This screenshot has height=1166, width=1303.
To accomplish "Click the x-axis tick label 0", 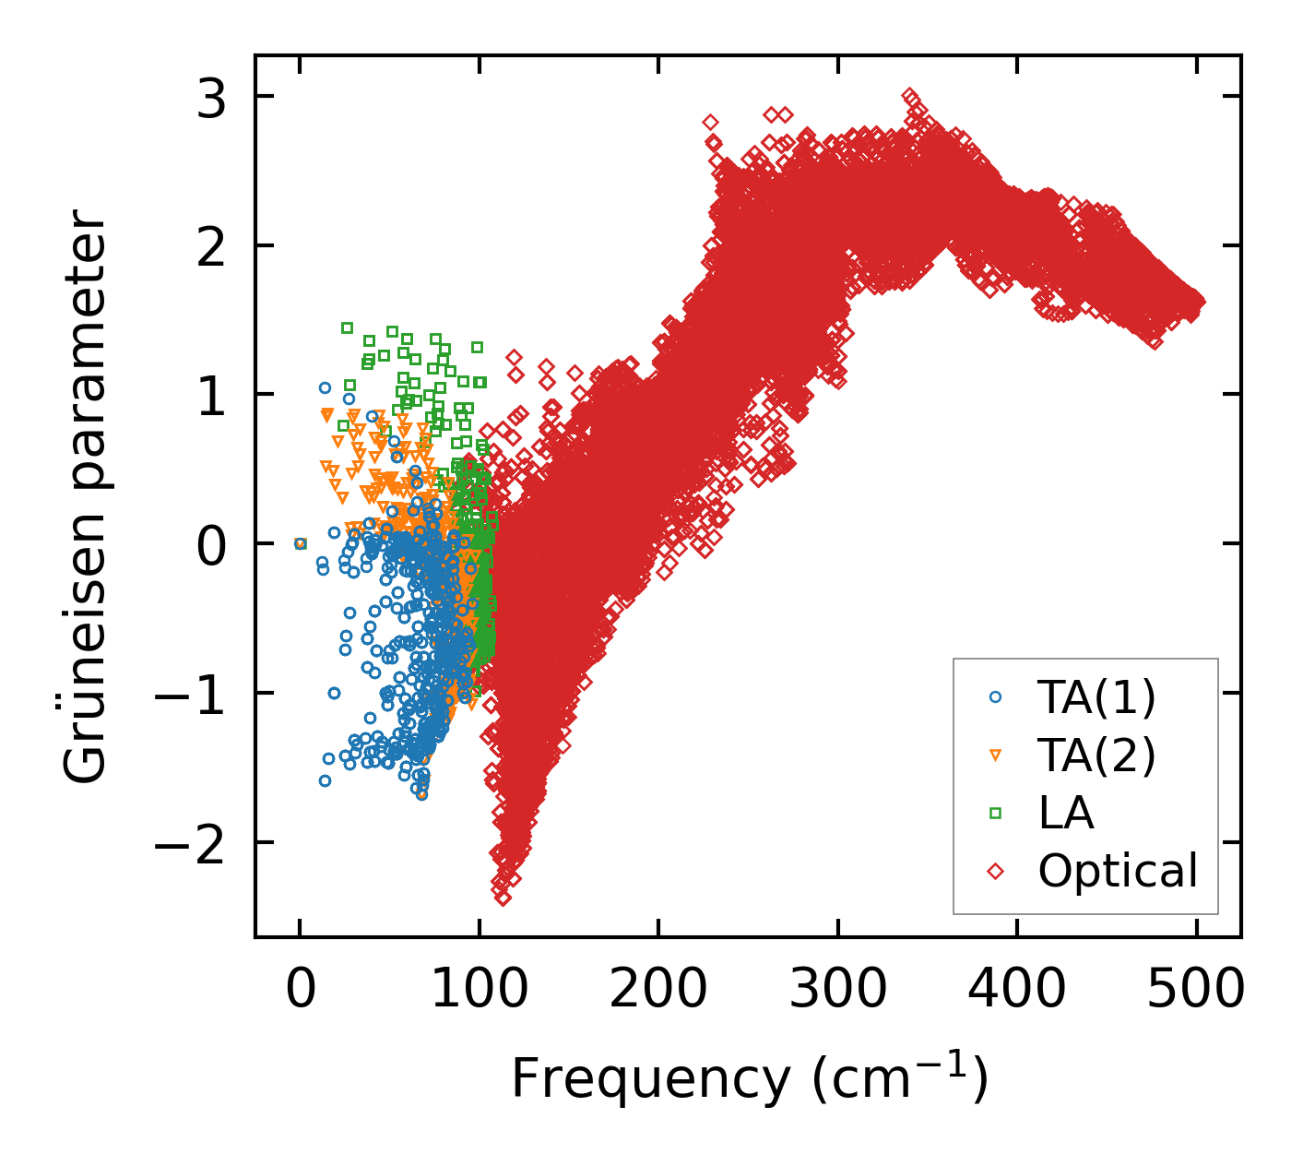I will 300,991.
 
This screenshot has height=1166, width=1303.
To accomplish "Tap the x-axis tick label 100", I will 479,991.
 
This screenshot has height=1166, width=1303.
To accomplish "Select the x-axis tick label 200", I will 657,991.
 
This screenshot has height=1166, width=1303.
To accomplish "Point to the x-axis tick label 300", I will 837,991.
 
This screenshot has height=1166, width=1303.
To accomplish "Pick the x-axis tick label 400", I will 1016,991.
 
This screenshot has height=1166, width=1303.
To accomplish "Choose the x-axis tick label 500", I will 1196,991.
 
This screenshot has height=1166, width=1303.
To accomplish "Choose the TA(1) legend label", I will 1096,698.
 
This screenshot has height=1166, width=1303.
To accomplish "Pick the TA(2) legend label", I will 1096,756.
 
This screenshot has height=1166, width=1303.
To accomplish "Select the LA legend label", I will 1065,813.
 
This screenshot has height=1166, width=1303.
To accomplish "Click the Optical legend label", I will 1118,871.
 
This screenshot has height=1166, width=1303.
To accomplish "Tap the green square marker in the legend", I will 995,813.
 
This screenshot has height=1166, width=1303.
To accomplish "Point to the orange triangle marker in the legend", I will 995,756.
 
